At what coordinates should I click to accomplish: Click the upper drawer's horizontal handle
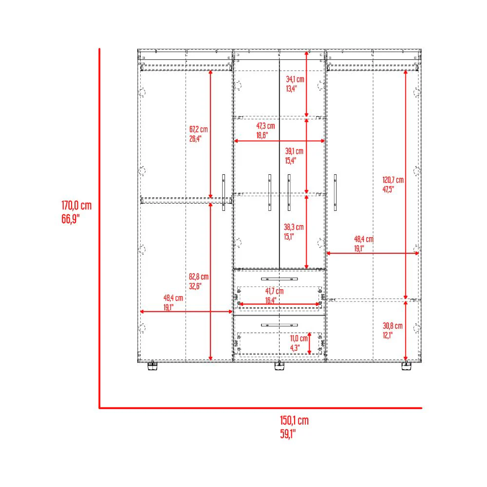(279, 279)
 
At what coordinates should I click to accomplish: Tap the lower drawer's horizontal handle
(279, 325)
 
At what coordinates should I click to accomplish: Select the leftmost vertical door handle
(224, 192)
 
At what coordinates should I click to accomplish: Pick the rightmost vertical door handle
(335, 192)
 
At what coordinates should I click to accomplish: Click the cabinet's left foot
(152, 366)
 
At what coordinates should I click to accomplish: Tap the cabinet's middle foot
(280, 366)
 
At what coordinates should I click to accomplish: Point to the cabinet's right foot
(407, 366)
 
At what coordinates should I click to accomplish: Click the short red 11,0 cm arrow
(309, 343)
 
